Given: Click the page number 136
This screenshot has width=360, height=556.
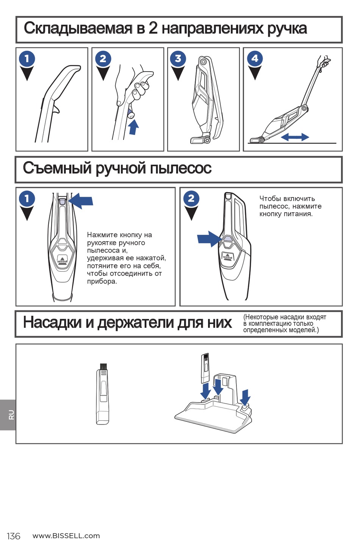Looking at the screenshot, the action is pyautogui.click(x=13, y=536).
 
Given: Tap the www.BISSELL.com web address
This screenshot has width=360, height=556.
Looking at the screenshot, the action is pyautogui.click(x=66, y=536).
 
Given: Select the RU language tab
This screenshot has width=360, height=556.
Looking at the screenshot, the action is pyautogui.click(x=11, y=415).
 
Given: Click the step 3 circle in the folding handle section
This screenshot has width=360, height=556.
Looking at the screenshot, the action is pyautogui.click(x=178, y=59).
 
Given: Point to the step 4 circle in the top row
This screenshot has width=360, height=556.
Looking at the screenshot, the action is pyautogui.click(x=255, y=59).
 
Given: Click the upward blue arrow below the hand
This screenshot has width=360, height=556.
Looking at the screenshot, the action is pyautogui.click(x=133, y=127).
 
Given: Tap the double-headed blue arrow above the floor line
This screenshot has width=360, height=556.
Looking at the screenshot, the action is pyautogui.click(x=295, y=137).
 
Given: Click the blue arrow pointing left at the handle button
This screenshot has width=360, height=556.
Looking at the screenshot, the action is pyautogui.click(x=81, y=200).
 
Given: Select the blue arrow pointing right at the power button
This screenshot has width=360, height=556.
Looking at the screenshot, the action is pyautogui.click(x=209, y=239).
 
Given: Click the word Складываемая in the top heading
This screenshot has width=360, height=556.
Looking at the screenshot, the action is pyautogui.click(x=78, y=28).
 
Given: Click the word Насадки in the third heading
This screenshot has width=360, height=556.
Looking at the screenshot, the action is pyautogui.click(x=52, y=323).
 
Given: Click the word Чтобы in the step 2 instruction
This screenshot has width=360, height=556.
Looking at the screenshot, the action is pyautogui.click(x=270, y=199).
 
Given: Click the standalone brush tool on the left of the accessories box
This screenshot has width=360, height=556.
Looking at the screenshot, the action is pyautogui.click(x=102, y=394).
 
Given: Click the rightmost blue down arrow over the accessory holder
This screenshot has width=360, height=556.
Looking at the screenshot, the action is pyautogui.click(x=246, y=397).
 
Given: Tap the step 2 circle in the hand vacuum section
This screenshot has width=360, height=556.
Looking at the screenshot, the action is pyautogui.click(x=191, y=198).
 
